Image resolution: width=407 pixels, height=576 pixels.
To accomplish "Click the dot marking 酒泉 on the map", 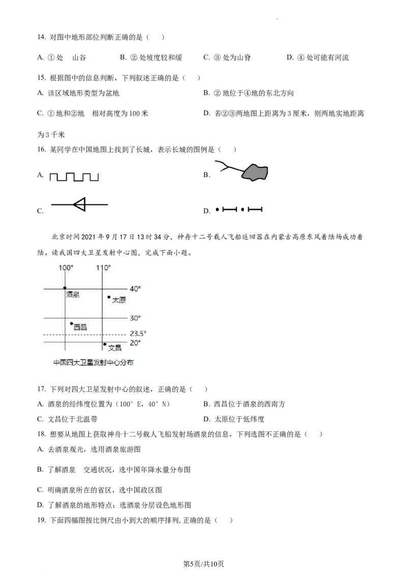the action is pyautogui.click(x=65, y=288).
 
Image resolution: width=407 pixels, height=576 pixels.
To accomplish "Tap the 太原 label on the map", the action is pyautogui.click(x=119, y=300).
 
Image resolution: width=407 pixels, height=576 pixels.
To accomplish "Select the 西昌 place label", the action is pyautogui.click(x=80, y=327).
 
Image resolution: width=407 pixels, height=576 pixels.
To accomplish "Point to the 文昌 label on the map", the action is pyautogui.click(x=114, y=348).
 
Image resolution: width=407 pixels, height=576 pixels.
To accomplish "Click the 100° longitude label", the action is pyautogui.click(x=66, y=268).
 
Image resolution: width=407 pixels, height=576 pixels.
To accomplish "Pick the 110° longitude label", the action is pyautogui.click(x=103, y=268).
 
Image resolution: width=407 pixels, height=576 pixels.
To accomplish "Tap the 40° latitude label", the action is pyautogui.click(x=135, y=289).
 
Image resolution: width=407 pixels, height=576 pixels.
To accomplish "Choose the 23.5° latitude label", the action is pyautogui.click(x=138, y=334).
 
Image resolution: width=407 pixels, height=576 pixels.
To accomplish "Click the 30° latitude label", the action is pyautogui.click(x=135, y=318).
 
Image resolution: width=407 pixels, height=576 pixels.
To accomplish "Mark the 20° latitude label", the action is pyautogui.click(x=135, y=343).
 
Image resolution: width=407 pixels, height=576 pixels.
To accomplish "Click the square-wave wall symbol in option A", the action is pyautogui.click(x=74, y=177).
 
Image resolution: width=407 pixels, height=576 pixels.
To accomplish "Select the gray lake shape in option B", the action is pyautogui.click(x=254, y=172).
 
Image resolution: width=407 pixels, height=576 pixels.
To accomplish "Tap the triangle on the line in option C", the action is pyautogui.click(x=80, y=204).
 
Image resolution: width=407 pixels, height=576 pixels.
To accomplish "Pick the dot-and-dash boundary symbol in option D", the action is pyautogui.click(x=239, y=210).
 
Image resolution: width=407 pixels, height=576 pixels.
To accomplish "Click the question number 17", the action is pyautogui.click(x=41, y=389).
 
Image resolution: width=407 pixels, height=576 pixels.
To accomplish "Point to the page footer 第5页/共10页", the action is pyautogui.click(x=203, y=564).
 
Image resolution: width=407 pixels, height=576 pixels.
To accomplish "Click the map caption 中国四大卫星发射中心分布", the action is pyautogui.click(x=93, y=363).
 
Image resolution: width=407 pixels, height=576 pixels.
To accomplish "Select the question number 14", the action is pyautogui.click(x=41, y=37).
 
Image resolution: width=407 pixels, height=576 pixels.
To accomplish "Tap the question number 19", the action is pyautogui.click(x=41, y=520).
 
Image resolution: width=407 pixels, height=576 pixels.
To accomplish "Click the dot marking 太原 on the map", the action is pyautogui.click(x=109, y=297).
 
